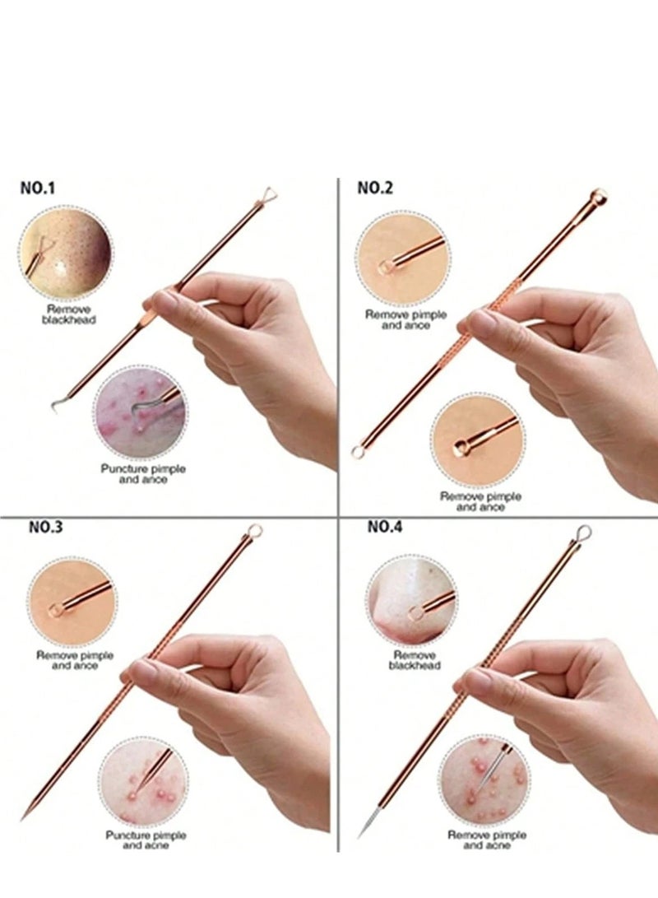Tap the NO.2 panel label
375,188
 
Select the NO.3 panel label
46,528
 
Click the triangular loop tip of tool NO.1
268,193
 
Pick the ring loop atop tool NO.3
255,531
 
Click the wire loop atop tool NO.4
583,533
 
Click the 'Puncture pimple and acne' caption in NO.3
146,840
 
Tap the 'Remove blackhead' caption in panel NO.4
415,659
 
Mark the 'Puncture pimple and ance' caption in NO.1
142,473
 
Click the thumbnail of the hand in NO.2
568,362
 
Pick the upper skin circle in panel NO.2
403,258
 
